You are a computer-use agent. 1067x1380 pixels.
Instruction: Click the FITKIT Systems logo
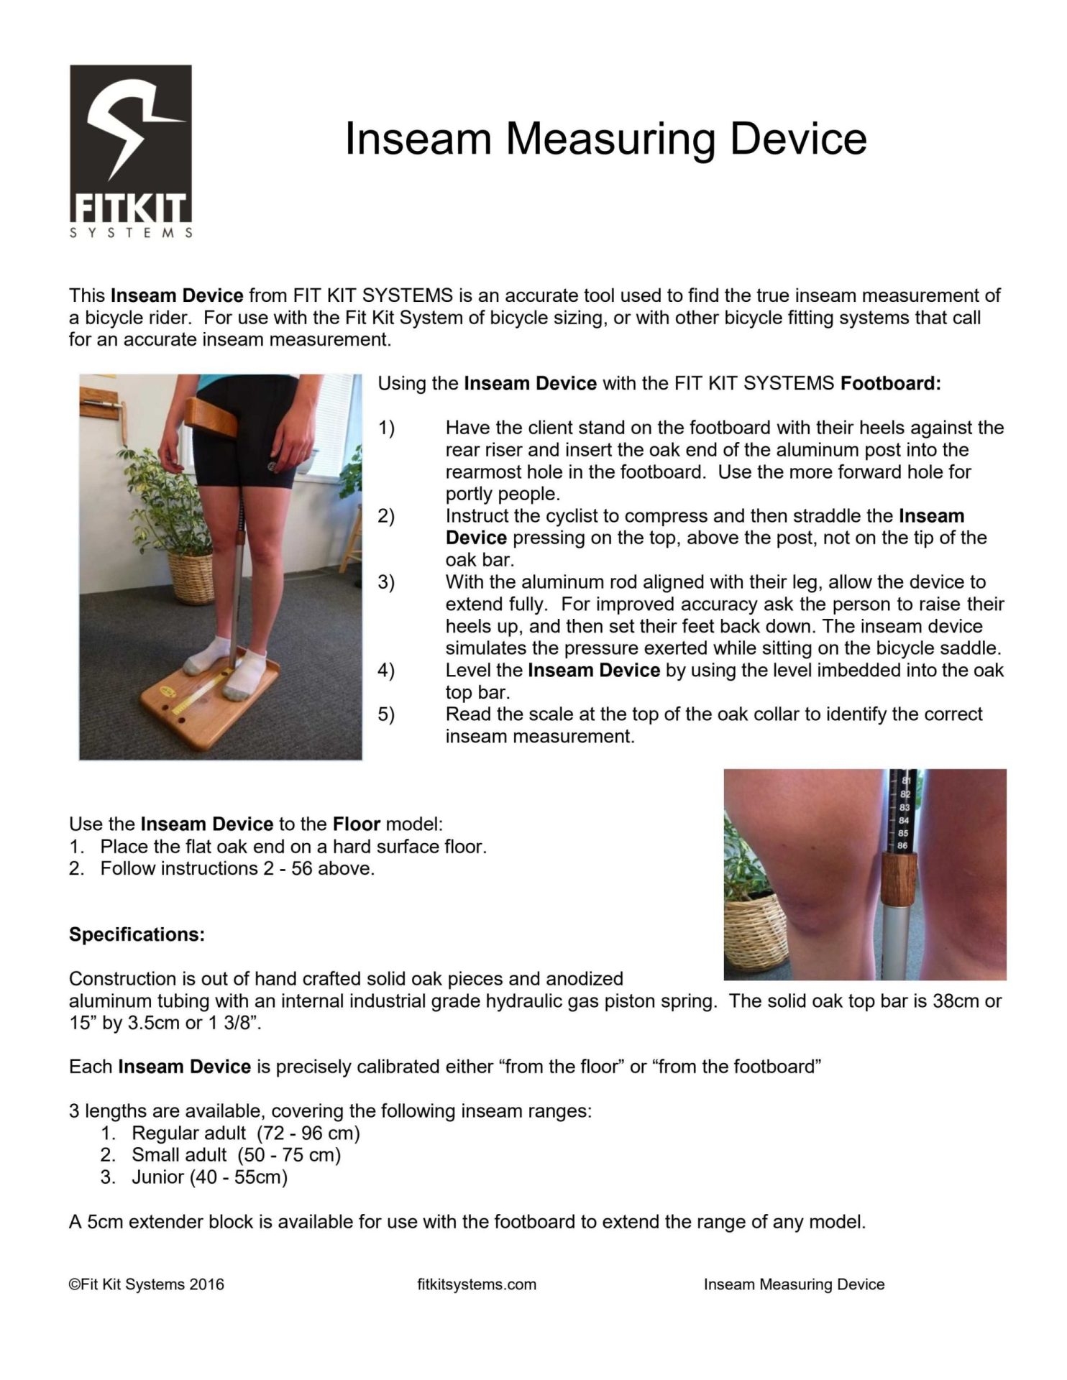(131, 151)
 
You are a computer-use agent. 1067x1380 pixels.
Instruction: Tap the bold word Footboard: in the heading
(890, 383)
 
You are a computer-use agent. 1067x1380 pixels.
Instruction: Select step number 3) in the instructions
(386, 582)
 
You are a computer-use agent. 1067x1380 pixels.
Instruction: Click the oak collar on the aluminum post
(899, 880)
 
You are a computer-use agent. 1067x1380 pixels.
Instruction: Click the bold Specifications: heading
(137, 934)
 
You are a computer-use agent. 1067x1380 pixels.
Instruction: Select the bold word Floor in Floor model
(356, 824)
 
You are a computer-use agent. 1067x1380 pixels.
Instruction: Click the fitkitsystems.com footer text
(476, 1284)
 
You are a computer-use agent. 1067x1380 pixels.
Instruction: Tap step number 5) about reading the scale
(386, 714)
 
